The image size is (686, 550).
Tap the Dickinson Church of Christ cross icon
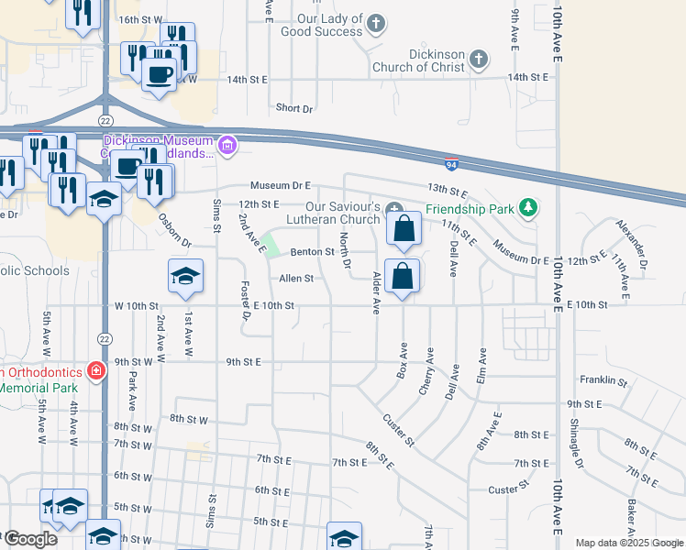477,60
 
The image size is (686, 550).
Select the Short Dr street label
294,108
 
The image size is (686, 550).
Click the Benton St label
312,251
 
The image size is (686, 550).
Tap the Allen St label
296,278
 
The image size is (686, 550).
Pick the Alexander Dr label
633,245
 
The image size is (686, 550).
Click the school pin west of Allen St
184,278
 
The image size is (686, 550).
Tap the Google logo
30,539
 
